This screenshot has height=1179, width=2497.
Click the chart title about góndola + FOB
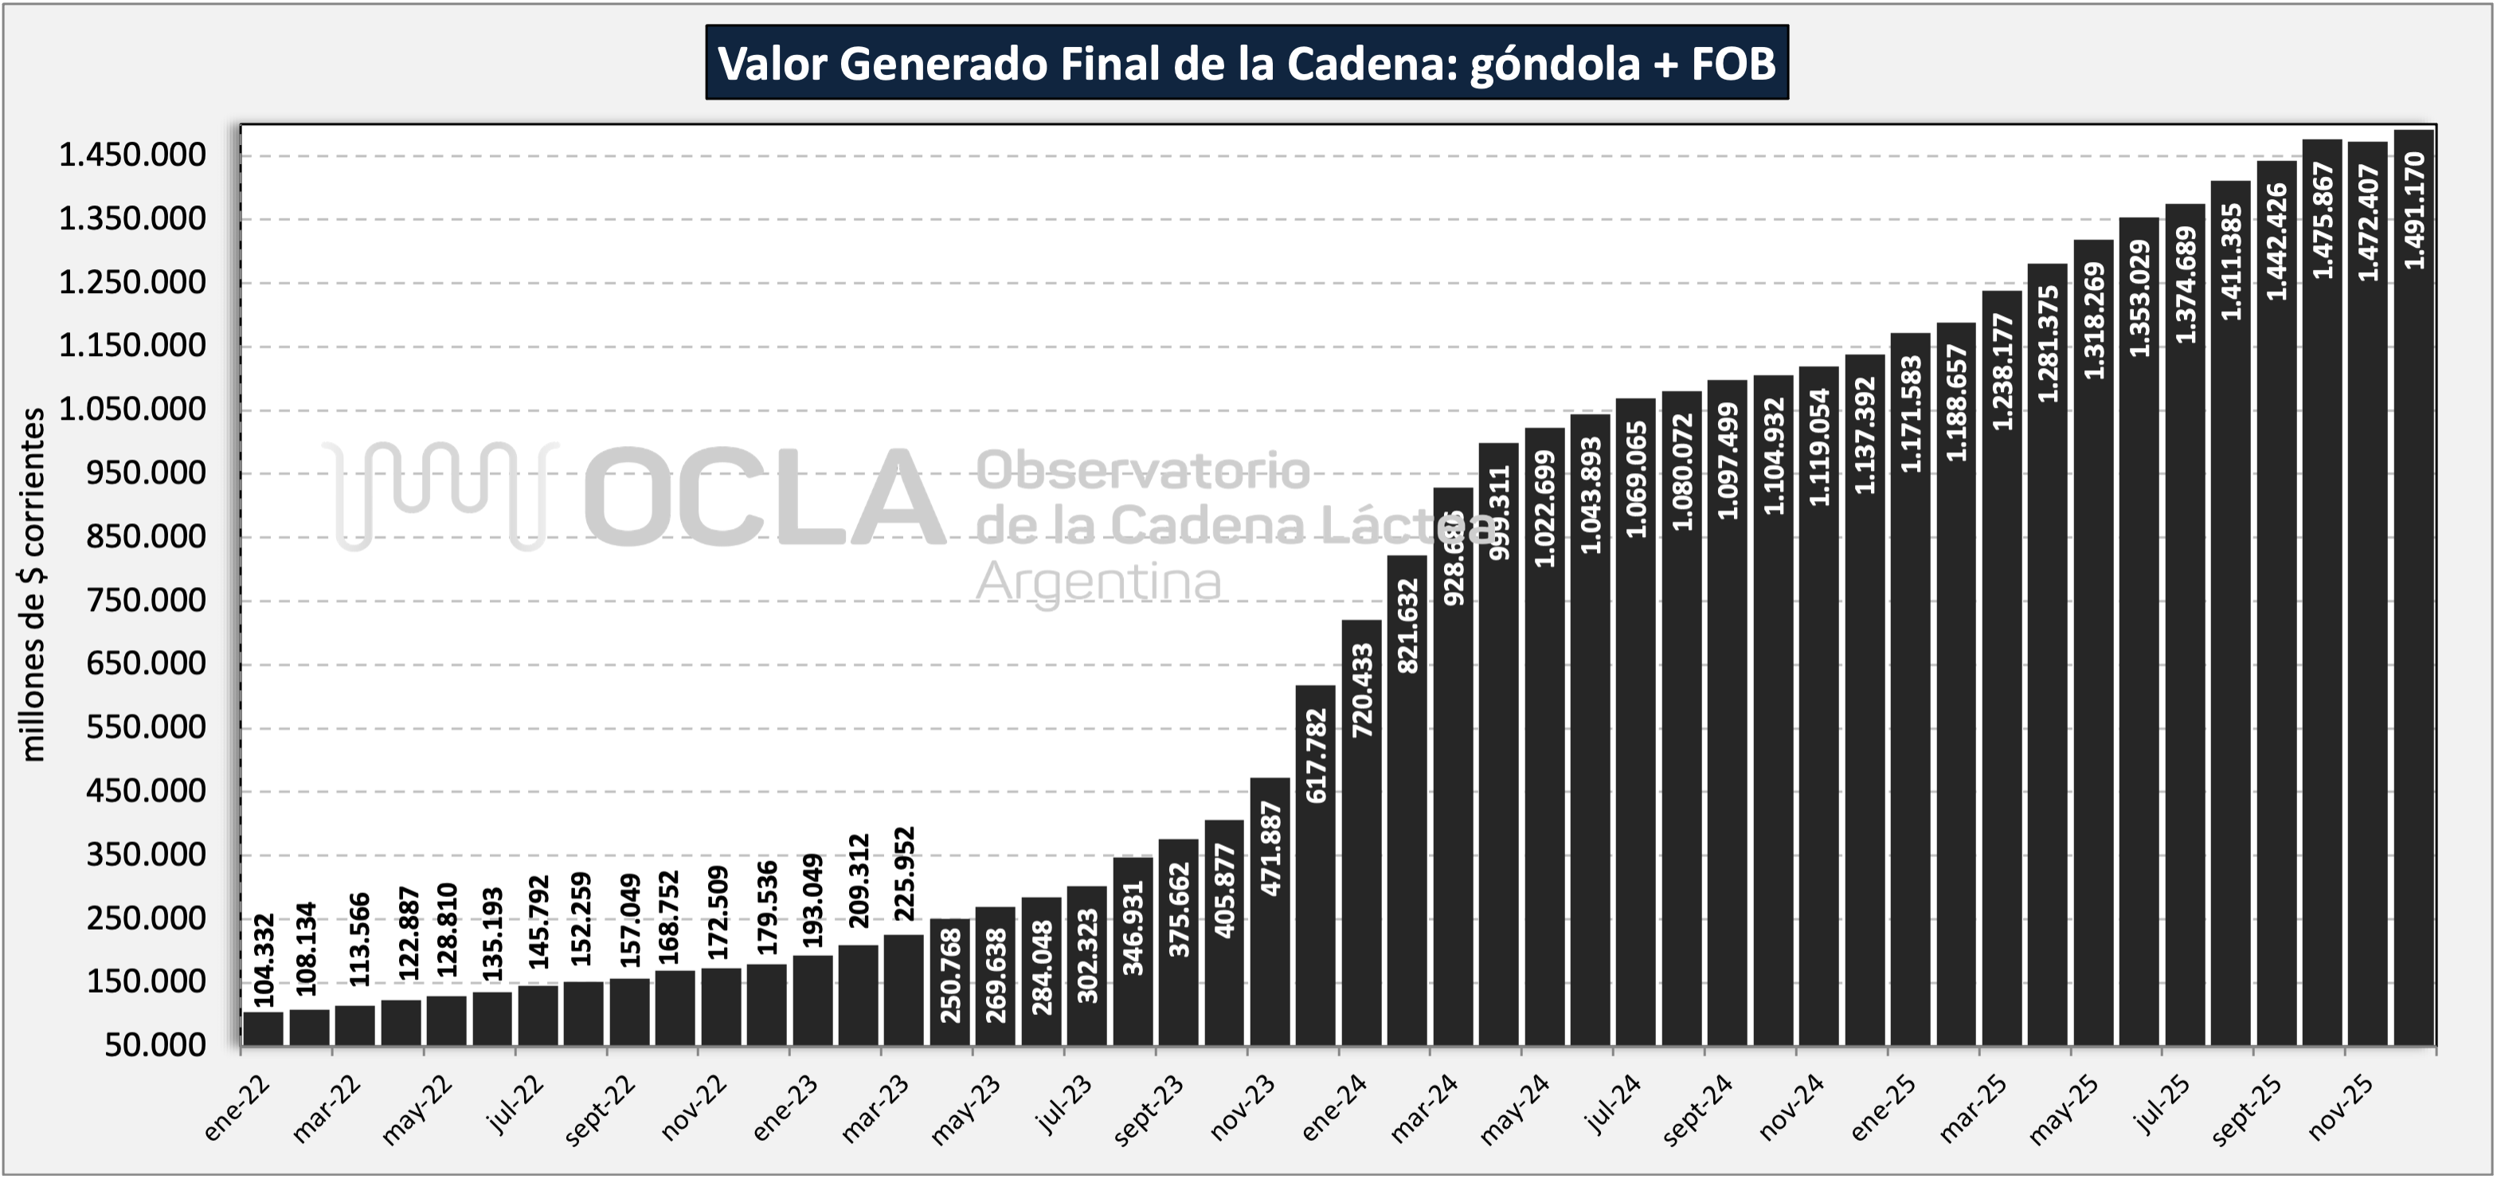[1247, 64]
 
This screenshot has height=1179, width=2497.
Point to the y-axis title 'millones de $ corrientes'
[33, 585]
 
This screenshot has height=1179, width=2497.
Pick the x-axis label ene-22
[238, 1107]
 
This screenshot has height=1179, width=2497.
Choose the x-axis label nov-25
[2342, 1107]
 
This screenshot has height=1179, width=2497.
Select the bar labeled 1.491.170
[2413, 679]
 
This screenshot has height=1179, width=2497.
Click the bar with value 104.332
[264, 1028]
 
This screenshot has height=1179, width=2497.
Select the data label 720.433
[1362, 691]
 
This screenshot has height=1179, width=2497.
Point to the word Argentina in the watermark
[1098, 582]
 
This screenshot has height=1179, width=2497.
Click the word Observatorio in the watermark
[1143, 472]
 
